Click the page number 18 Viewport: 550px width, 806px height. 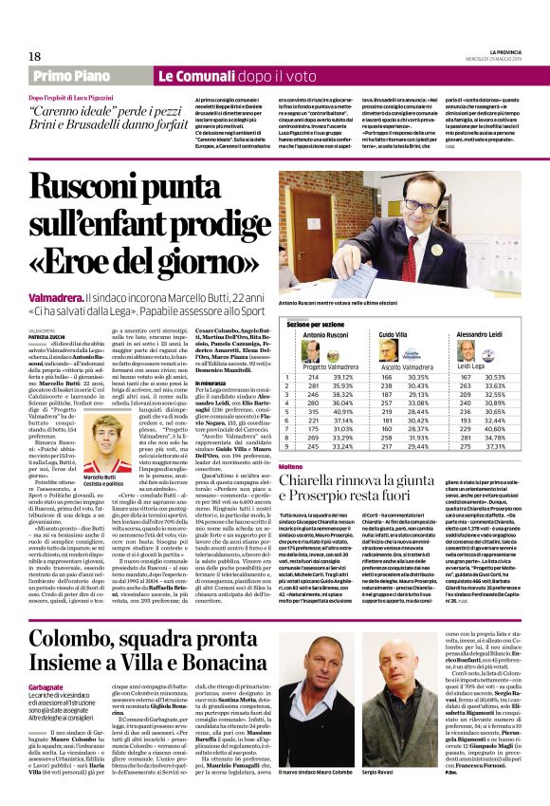click(35, 56)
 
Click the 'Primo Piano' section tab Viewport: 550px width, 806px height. click(77, 76)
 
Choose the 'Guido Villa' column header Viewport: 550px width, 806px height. click(394, 335)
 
